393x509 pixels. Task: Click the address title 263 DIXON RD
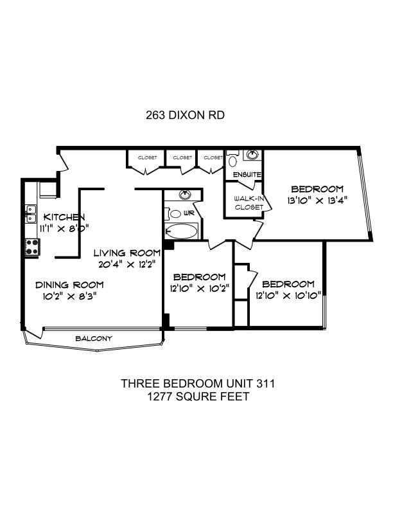pyautogui.click(x=185, y=115)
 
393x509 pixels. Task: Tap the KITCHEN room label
pyautogui.click(x=64, y=217)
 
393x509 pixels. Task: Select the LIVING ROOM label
pyautogui.click(x=127, y=253)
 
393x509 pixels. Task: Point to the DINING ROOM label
pyautogui.click(x=69, y=285)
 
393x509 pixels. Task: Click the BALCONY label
pyautogui.click(x=94, y=339)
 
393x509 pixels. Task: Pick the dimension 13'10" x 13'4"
pyautogui.click(x=317, y=201)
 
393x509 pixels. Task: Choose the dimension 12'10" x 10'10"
pyautogui.click(x=288, y=296)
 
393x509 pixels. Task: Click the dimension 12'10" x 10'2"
pyautogui.click(x=200, y=289)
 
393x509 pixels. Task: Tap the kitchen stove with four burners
pyautogui.click(x=32, y=247)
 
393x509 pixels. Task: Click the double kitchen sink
pyautogui.click(x=31, y=213)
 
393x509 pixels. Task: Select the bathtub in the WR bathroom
pyautogui.click(x=181, y=231)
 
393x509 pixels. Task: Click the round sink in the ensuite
pyautogui.click(x=252, y=155)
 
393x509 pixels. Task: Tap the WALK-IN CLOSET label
pyautogui.click(x=249, y=203)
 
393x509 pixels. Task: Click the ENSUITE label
pyautogui.click(x=247, y=175)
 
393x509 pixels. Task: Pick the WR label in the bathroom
pyautogui.click(x=189, y=213)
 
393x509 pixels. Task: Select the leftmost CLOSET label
pyautogui.click(x=147, y=157)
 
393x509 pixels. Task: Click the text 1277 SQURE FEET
pyautogui.click(x=198, y=397)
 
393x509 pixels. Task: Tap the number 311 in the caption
pyautogui.click(x=266, y=384)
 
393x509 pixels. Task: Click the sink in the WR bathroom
pyautogui.click(x=185, y=195)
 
